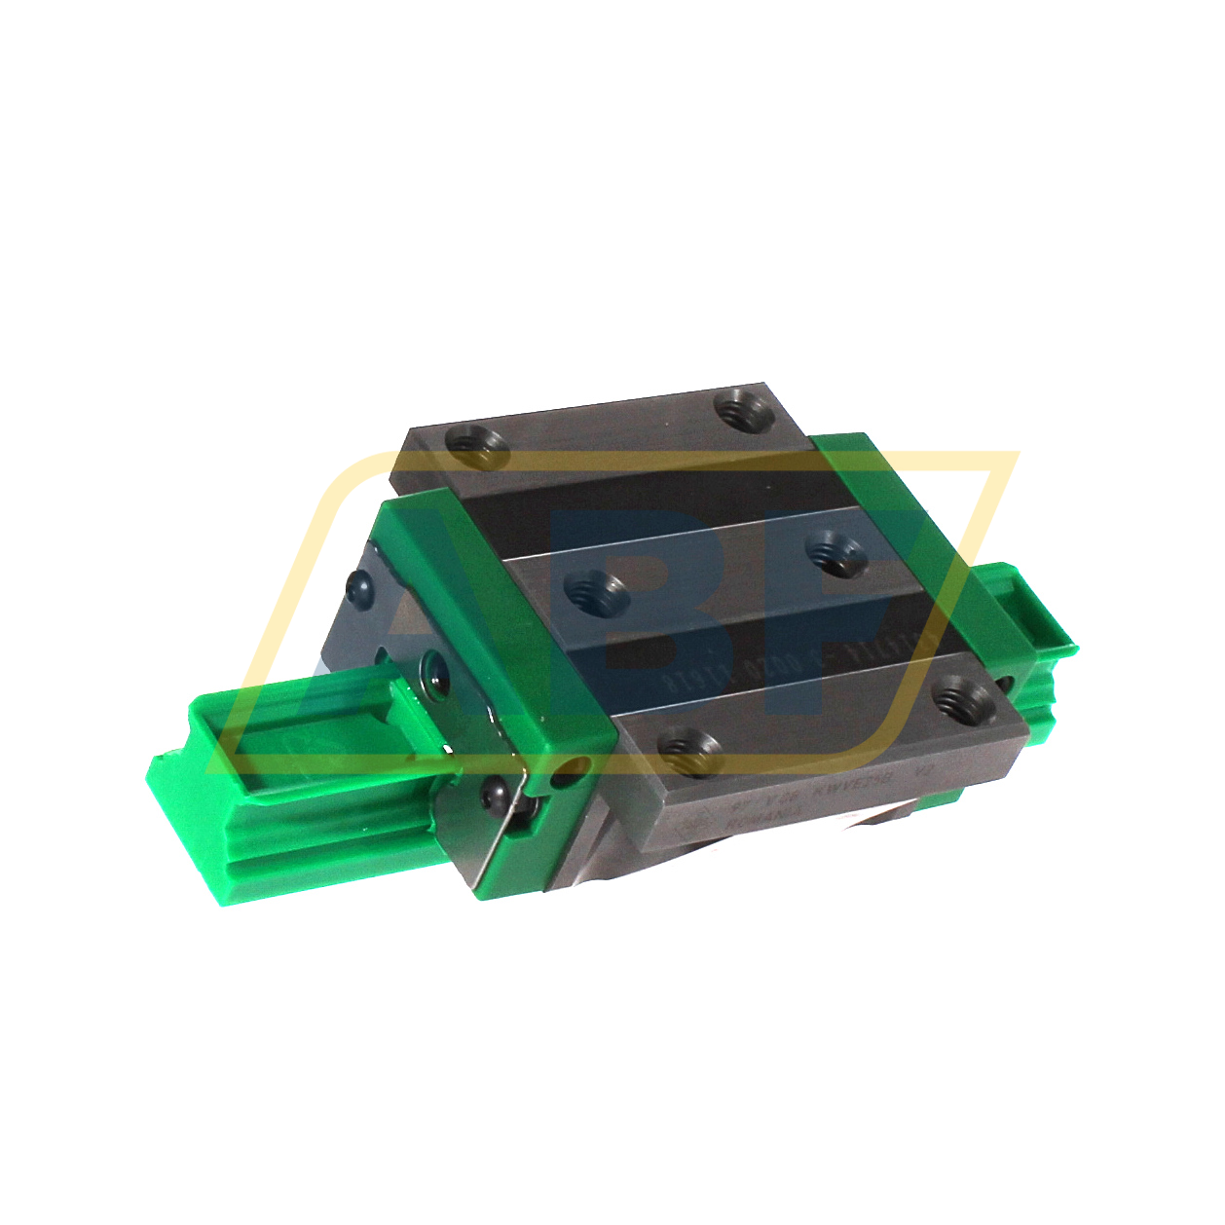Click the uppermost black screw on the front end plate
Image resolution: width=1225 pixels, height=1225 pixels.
[358, 585]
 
